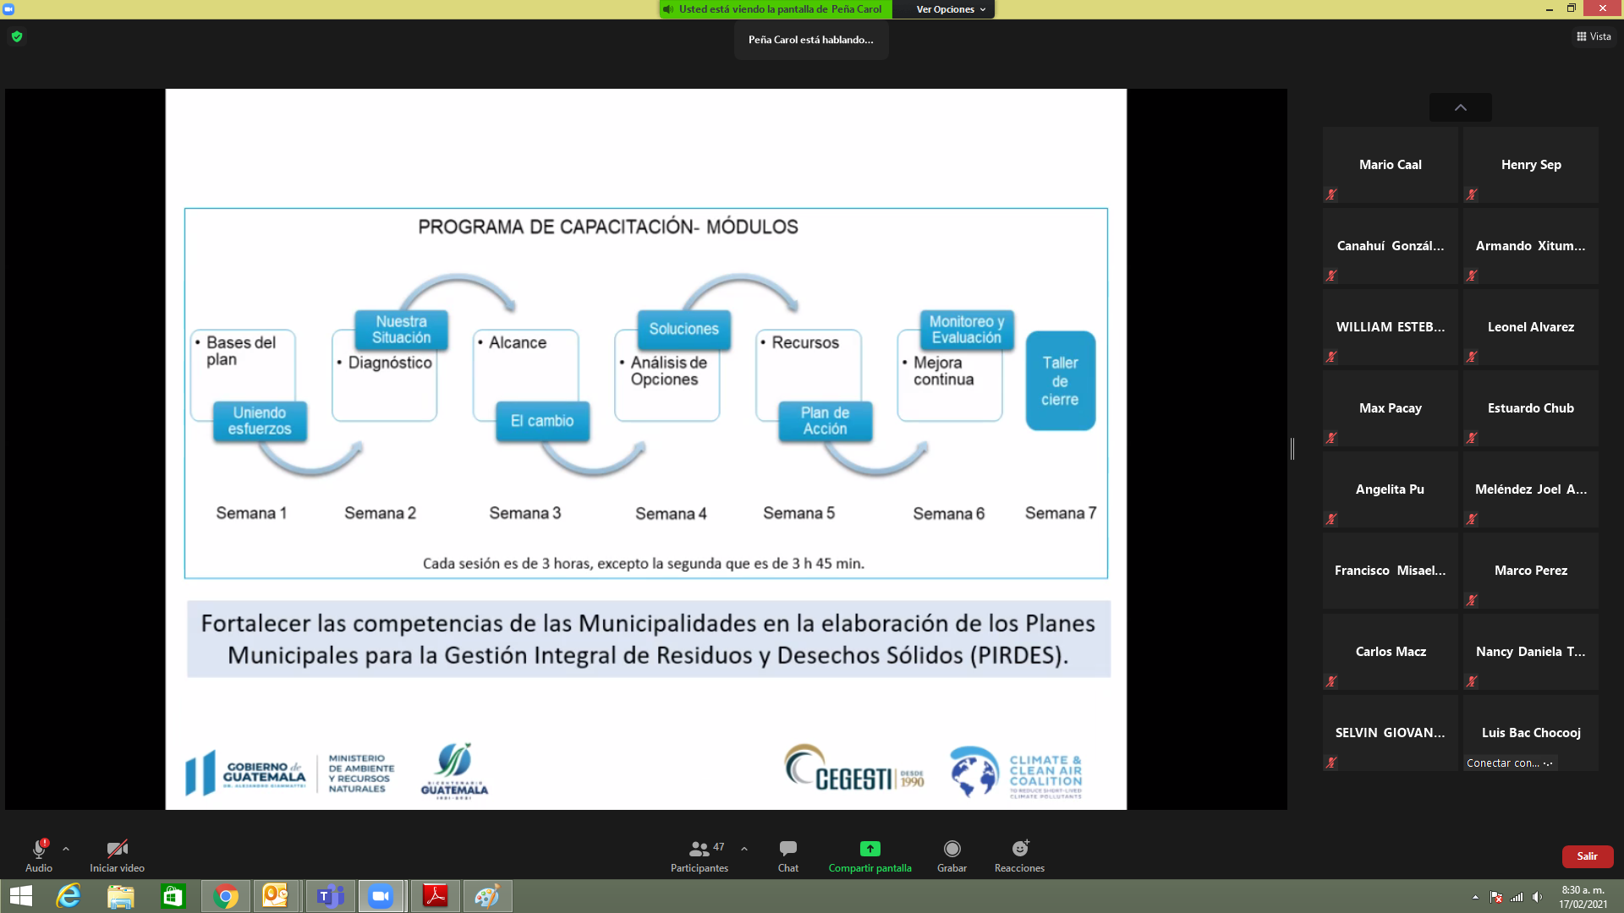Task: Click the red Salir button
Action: point(1587,856)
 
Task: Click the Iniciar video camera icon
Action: point(117,849)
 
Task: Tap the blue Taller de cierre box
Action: point(1060,381)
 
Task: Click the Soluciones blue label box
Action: point(683,329)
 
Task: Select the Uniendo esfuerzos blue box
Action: point(260,421)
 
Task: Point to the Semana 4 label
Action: point(671,514)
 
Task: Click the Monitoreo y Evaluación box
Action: point(966,330)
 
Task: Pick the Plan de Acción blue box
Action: point(825,421)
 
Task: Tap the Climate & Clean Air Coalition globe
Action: point(974,771)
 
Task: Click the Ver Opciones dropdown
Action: point(950,9)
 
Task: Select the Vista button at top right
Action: point(1594,36)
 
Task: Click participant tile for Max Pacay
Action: point(1390,408)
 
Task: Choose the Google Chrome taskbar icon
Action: point(226,896)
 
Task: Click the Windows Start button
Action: point(20,896)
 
